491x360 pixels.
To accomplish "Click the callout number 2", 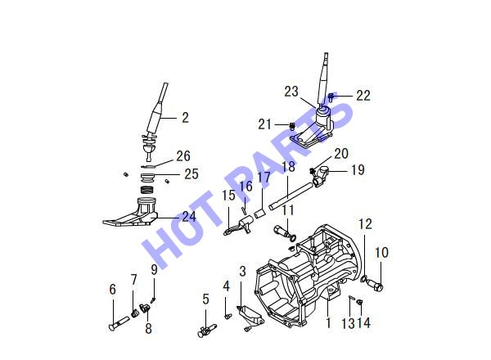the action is coord(186,118).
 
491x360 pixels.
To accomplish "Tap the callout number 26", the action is coord(183,156).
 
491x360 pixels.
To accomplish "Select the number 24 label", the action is coord(189,217).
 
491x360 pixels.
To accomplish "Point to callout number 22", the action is coord(363,96).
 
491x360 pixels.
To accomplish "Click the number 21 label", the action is coord(264,124).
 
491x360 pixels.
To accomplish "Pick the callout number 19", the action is coord(358,170).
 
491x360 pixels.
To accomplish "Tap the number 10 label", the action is coord(381,253).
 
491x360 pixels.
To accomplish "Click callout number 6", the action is coord(112,290).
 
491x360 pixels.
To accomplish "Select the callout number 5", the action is coord(205,299).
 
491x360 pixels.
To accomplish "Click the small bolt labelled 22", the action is coord(331,97).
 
